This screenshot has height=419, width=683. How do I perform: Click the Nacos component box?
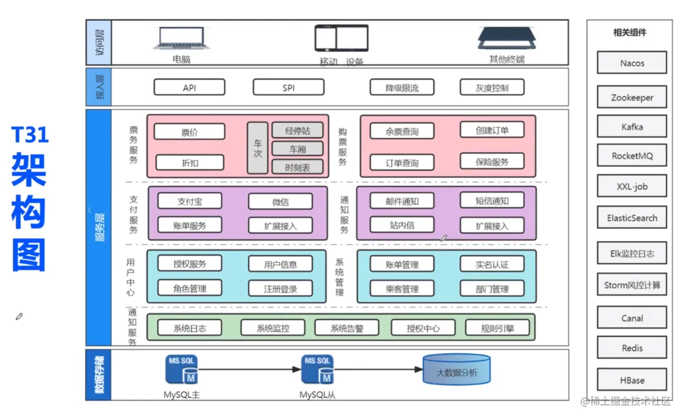point(632,63)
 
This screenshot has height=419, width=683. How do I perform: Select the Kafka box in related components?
point(632,127)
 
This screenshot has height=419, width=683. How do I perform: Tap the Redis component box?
point(632,348)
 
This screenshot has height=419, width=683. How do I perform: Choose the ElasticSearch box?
point(632,218)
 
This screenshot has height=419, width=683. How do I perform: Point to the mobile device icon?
point(341,38)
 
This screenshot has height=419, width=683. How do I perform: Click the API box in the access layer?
point(189,87)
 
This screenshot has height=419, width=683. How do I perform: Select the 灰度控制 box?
point(492,87)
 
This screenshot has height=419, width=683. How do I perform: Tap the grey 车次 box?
point(257,148)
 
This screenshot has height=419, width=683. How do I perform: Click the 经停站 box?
point(297,130)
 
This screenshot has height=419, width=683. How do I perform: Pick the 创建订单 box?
point(492,130)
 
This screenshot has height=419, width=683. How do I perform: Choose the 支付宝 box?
point(190,201)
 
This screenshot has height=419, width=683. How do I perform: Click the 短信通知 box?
point(492,200)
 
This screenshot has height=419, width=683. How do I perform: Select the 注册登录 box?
point(280,289)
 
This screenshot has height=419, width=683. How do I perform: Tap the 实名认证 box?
point(492,264)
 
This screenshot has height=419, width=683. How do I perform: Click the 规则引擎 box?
point(497,328)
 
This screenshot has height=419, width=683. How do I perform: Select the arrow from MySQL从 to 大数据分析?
point(378,370)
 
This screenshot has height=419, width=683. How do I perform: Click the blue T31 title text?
point(30,135)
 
